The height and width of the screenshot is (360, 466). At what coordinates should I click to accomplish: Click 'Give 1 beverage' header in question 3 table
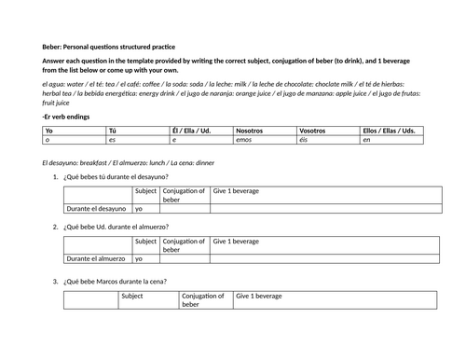point(259,296)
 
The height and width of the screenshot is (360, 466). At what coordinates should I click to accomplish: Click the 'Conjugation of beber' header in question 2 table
point(184,245)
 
